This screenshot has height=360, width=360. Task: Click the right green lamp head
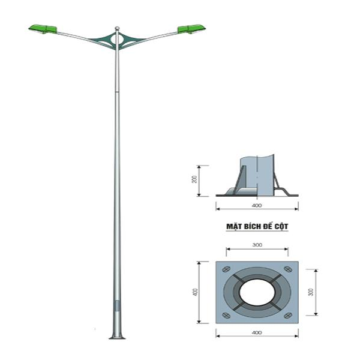(x=192, y=29)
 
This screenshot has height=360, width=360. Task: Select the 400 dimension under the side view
(x=257, y=205)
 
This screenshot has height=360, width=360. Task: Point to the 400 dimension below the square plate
(x=256, y=331)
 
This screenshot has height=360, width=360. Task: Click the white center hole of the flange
(x=257, y=291)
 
